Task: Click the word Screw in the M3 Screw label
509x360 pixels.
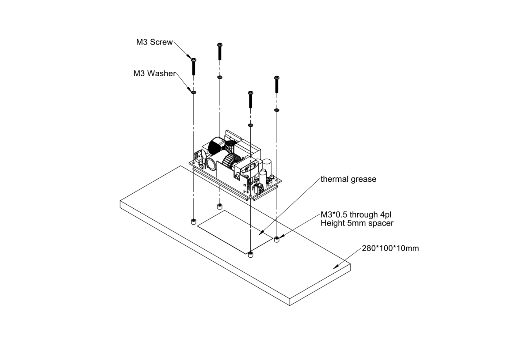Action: [x=162, y=42]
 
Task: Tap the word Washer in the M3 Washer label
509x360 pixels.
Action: [x=162, y=74]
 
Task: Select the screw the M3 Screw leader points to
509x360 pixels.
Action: [x=194, y=66]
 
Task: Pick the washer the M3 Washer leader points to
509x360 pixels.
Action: [x=193, y=92]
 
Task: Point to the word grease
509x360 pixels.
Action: [x=363, y=179]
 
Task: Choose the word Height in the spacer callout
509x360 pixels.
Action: [x=332, y=223]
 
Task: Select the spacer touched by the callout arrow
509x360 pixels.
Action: [x=276, y=240]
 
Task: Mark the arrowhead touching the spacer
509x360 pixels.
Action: [x=281, y=237]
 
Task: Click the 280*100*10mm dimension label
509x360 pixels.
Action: [x=390, y=248]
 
